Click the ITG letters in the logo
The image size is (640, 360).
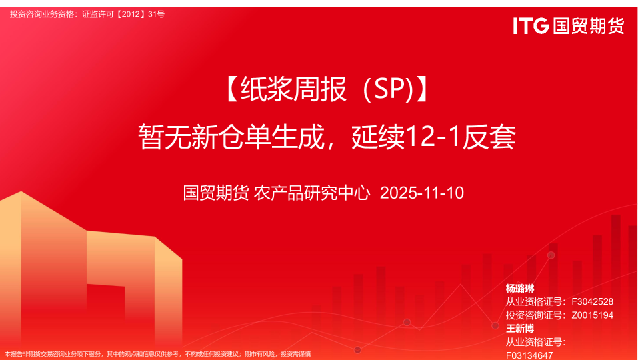click(x=531, y=26)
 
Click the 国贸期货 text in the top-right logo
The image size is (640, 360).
click(x=588, y=26)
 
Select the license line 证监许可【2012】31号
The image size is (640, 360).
click(x=123, y=14)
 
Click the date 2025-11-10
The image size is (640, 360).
click(x=421, y=193)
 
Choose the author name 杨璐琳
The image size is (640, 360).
click(x=520, y=289)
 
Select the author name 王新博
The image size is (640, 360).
click(x=520, y=329)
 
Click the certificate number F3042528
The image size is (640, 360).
click(x=592, y=302)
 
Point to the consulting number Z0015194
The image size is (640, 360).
click(x=592, y=315)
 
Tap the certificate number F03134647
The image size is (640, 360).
click(x=529, y=355)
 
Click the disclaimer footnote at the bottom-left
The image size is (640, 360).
click(x=157, y=354)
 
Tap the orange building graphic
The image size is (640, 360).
click(x=40, y=267)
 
